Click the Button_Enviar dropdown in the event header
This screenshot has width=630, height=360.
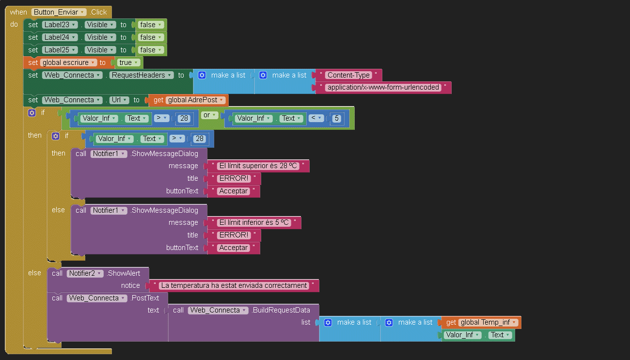tap(59, 12)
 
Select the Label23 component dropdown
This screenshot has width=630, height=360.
tap(60, 25)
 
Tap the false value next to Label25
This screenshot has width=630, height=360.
tap(151, 50)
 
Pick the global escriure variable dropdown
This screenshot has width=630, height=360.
tap(69, 63)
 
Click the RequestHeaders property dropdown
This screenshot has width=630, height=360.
tap(142, 75)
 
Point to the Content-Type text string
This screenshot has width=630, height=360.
tap(348, 75)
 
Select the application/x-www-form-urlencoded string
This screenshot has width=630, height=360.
tap(383, 88)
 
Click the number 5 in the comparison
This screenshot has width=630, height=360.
tap(336, 118)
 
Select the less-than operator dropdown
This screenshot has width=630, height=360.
tap(316, 118)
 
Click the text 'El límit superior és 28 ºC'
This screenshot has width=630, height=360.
tap(258, 166)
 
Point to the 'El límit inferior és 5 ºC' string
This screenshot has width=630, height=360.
tap(254, 222)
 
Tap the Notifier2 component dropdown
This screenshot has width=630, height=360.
tap(85, 273)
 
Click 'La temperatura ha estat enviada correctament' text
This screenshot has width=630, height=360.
tap(234, 285)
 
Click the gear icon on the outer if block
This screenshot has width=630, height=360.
tap(32, 112)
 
